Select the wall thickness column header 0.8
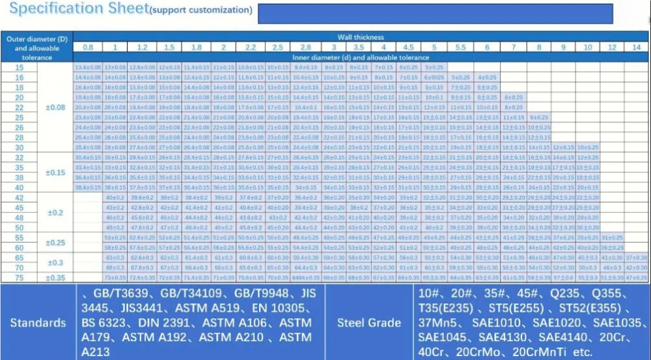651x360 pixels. click(x=88, y=47)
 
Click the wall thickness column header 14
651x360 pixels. click(x=636, y=47)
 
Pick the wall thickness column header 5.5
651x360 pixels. click(x=460, y=47)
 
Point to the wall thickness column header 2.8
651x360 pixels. click(x=305, y=47)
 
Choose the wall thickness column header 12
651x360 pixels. click(x=612, y=47)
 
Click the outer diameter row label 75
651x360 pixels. click(x=19, y=277)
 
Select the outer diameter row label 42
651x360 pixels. click(x=19, y=197)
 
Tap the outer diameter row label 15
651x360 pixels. click(x=19, y=68)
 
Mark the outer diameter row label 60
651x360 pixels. click(x=19, y=247)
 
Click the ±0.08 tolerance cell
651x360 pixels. click(x=55, y=107)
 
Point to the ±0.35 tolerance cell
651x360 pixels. click(x=55, y=277)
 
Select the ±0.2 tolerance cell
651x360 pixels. click(x=55, y=212)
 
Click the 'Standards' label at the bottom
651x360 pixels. click(x=38, y=323)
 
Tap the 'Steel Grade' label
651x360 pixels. click(x=368, y=323)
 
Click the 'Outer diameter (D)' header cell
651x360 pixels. click(x=37, y=40)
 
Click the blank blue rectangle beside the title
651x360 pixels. click(x=436, y=13)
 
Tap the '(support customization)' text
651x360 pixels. click(x=201, y=10)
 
